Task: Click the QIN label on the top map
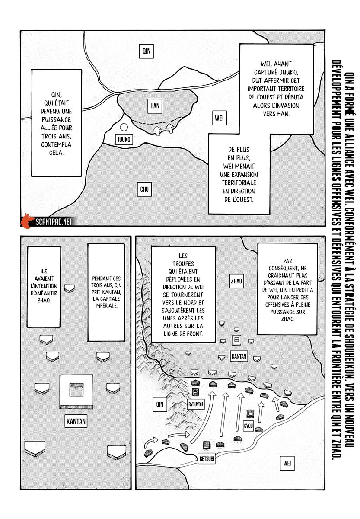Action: (x=147, y=51)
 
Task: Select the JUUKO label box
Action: (x=123, y=139)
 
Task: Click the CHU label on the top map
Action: (x=144, y=189)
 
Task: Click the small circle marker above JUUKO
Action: (x=124, y=128)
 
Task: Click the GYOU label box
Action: (x=248, y=425)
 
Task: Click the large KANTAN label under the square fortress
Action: (x=77, y=420)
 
